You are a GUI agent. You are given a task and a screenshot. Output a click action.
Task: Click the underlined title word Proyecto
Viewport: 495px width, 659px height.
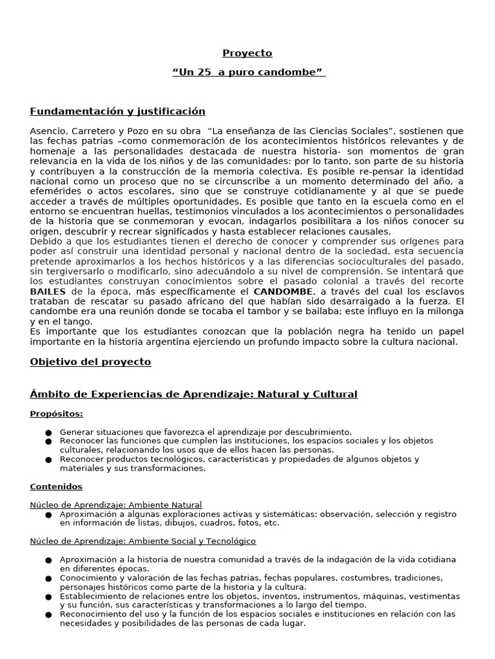coord(247,53)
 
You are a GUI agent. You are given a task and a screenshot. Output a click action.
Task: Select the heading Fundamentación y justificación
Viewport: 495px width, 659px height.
coord(117,111)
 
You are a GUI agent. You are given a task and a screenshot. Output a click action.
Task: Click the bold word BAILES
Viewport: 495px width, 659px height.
coord(48,292)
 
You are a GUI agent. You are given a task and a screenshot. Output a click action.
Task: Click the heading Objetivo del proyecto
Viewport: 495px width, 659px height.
coord(90,362)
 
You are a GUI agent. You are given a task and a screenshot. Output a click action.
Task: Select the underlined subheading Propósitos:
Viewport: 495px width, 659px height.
coord(57,414)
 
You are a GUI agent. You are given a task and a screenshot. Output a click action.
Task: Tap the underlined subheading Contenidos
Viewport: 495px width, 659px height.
coord(56,487)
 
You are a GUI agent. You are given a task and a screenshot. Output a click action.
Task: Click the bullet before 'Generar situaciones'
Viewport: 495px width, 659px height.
coord(49,432)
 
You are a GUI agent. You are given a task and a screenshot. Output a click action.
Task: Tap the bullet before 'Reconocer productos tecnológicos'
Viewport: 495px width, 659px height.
coord(49,460)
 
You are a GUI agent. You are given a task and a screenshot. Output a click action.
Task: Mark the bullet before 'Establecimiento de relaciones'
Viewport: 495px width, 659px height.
coord(49,597)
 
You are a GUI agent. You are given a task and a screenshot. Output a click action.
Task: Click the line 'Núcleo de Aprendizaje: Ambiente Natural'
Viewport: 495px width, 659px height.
coord(116,505)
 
